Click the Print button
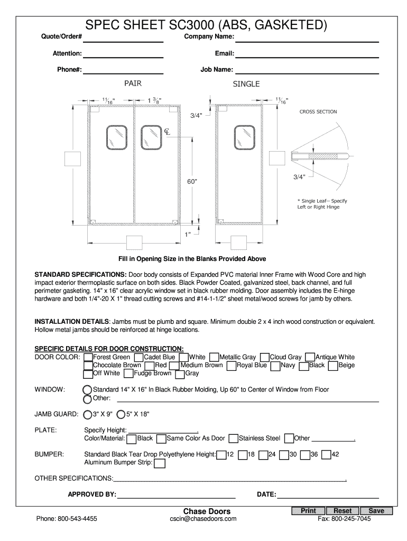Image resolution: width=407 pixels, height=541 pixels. [x=308, y=511]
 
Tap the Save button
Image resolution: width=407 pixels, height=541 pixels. [x=376, y=511]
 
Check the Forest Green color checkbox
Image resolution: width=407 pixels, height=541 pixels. [x=88, y=358]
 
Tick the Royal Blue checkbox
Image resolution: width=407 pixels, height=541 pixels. [x=232, y=366]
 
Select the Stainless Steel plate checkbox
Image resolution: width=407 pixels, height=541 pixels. [x=234, y=439]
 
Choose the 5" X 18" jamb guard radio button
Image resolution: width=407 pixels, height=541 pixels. [x=121, y=415]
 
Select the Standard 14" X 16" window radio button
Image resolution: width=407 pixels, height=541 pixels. [x=88, y=390]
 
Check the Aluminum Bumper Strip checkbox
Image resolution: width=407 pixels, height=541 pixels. [x=159, y=463]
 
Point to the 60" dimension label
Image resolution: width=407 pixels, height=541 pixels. [x=192, y=181]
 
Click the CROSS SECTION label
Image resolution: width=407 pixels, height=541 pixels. [x=318, y=111]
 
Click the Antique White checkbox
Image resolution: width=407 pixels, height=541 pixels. [x=311, y=358]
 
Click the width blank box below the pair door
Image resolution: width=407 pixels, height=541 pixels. [x=133, y=243]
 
